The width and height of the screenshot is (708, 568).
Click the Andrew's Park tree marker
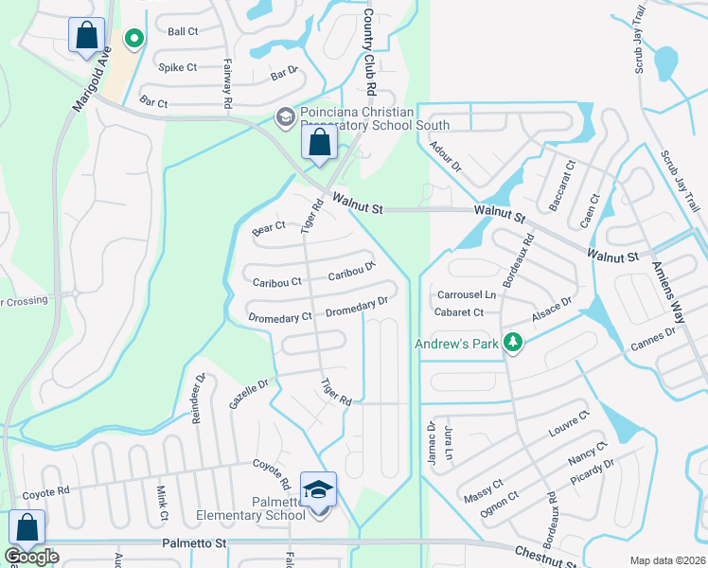(512, 342)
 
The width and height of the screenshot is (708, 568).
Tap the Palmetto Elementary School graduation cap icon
(319, 489)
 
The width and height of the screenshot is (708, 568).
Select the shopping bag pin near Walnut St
(320, 144)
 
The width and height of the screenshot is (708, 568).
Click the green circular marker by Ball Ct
(134, 39)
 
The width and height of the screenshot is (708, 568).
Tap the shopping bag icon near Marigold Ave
(86, 36)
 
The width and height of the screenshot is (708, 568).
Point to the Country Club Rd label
(370, 52)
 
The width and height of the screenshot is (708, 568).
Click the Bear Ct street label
(269, 228)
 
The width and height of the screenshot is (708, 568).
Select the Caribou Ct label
(277, 282)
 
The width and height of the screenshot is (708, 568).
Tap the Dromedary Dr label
(357, 307)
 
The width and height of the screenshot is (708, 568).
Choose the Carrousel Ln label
(465, 295)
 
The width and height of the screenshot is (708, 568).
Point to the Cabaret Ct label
(459, 312)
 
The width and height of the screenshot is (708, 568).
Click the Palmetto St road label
(195, 544)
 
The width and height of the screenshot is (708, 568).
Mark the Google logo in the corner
(31, 557)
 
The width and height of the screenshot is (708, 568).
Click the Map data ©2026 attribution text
(667, 560)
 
